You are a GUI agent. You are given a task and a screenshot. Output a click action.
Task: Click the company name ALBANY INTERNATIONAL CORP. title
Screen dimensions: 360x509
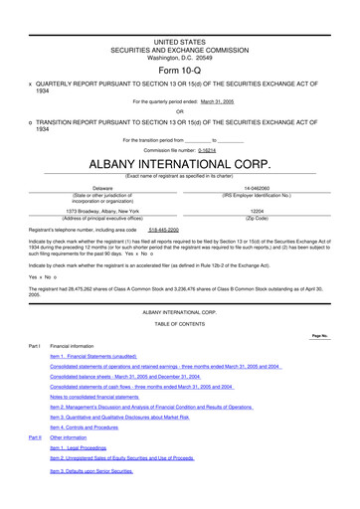(180, 161)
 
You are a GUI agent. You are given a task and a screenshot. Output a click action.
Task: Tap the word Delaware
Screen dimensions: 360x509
(102, 187)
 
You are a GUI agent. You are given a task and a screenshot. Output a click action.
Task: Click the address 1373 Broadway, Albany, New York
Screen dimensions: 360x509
(102, 211)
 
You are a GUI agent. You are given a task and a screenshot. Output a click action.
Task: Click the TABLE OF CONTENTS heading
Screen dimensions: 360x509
(179, 322)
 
